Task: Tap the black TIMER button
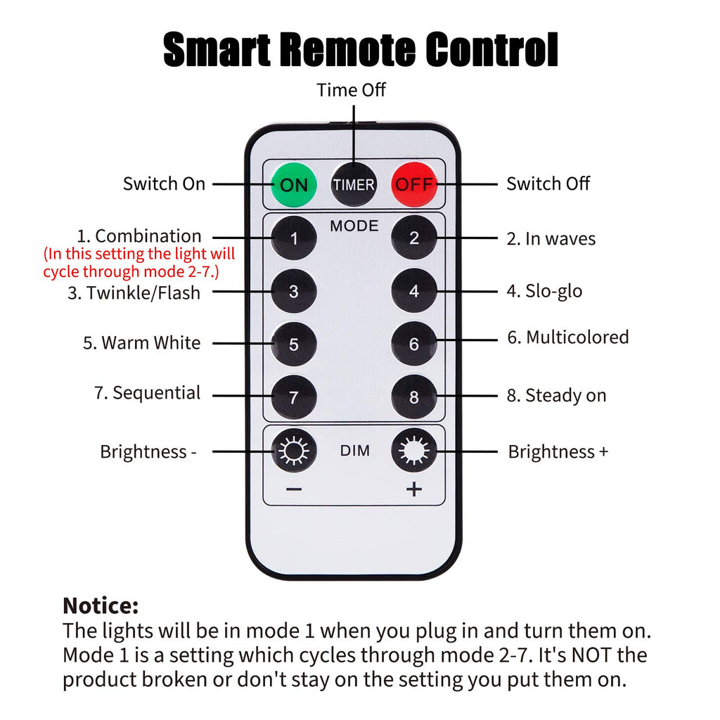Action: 354,185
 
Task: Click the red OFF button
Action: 413,184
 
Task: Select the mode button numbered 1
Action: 294,238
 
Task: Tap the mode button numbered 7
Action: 294,397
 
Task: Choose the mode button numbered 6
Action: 413,343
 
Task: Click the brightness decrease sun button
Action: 294,451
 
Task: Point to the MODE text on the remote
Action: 354,226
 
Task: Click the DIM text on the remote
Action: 354,451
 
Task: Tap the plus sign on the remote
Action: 413,489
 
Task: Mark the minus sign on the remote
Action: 294,489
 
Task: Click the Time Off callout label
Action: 351,90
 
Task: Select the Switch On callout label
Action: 164,184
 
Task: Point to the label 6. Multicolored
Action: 568,337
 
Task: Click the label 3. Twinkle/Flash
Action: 134,293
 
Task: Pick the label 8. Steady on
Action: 557,395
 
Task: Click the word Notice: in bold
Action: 101,605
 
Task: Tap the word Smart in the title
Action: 217,50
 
